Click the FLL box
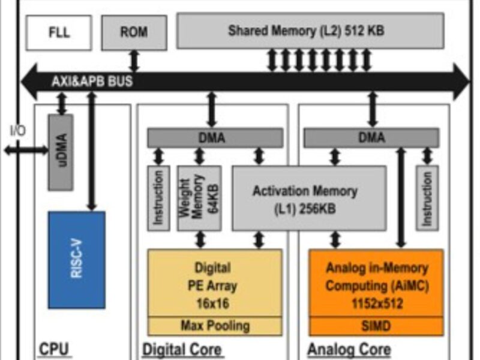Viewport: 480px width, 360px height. pos(59,33)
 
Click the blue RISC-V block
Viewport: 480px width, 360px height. pos(76,259)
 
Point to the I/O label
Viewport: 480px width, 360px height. pos(17,130)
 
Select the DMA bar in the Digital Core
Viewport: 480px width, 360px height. pos(215,138)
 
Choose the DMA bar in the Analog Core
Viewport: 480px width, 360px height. pos(371,138)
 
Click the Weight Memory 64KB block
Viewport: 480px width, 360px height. pos(199,198)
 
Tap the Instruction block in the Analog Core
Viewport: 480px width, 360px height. pos(427,198)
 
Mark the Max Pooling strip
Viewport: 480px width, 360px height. pos(214,326)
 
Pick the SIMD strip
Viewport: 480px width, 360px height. pos(376,326)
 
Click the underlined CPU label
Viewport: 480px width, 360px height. pos(54,349)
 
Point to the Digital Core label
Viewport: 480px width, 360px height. pos(181,349)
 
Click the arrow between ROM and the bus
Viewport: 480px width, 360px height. pos(134,61)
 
